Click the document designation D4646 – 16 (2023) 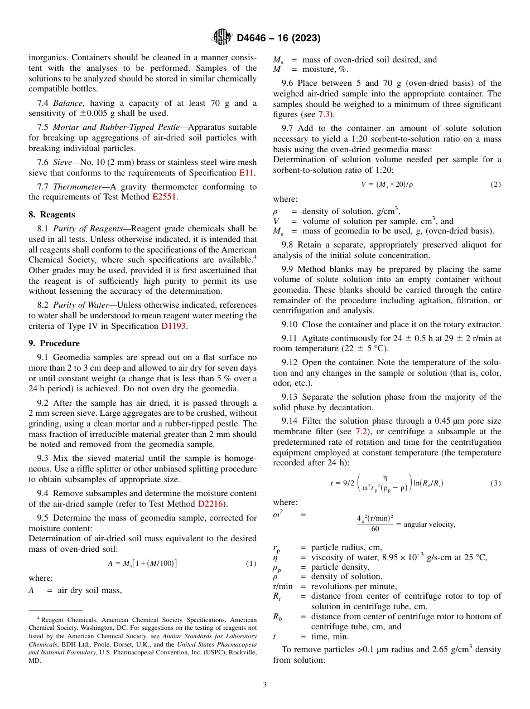click(x=278, y=38)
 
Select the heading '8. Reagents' click(x=52, y=215)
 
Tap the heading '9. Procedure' click(x=54, y=343)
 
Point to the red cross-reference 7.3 click(x=324, y=114)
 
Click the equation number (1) click(x=251, y=564)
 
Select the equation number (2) click(x=495, y=184)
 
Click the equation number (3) click(x=495, y=483)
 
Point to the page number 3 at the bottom click(x=265, y=685)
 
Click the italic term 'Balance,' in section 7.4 click(x=70, y=103)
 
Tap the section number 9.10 click(x=291, y=324)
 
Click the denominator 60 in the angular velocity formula click(x=375, y=528)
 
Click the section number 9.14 click(x=291, y=421)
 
